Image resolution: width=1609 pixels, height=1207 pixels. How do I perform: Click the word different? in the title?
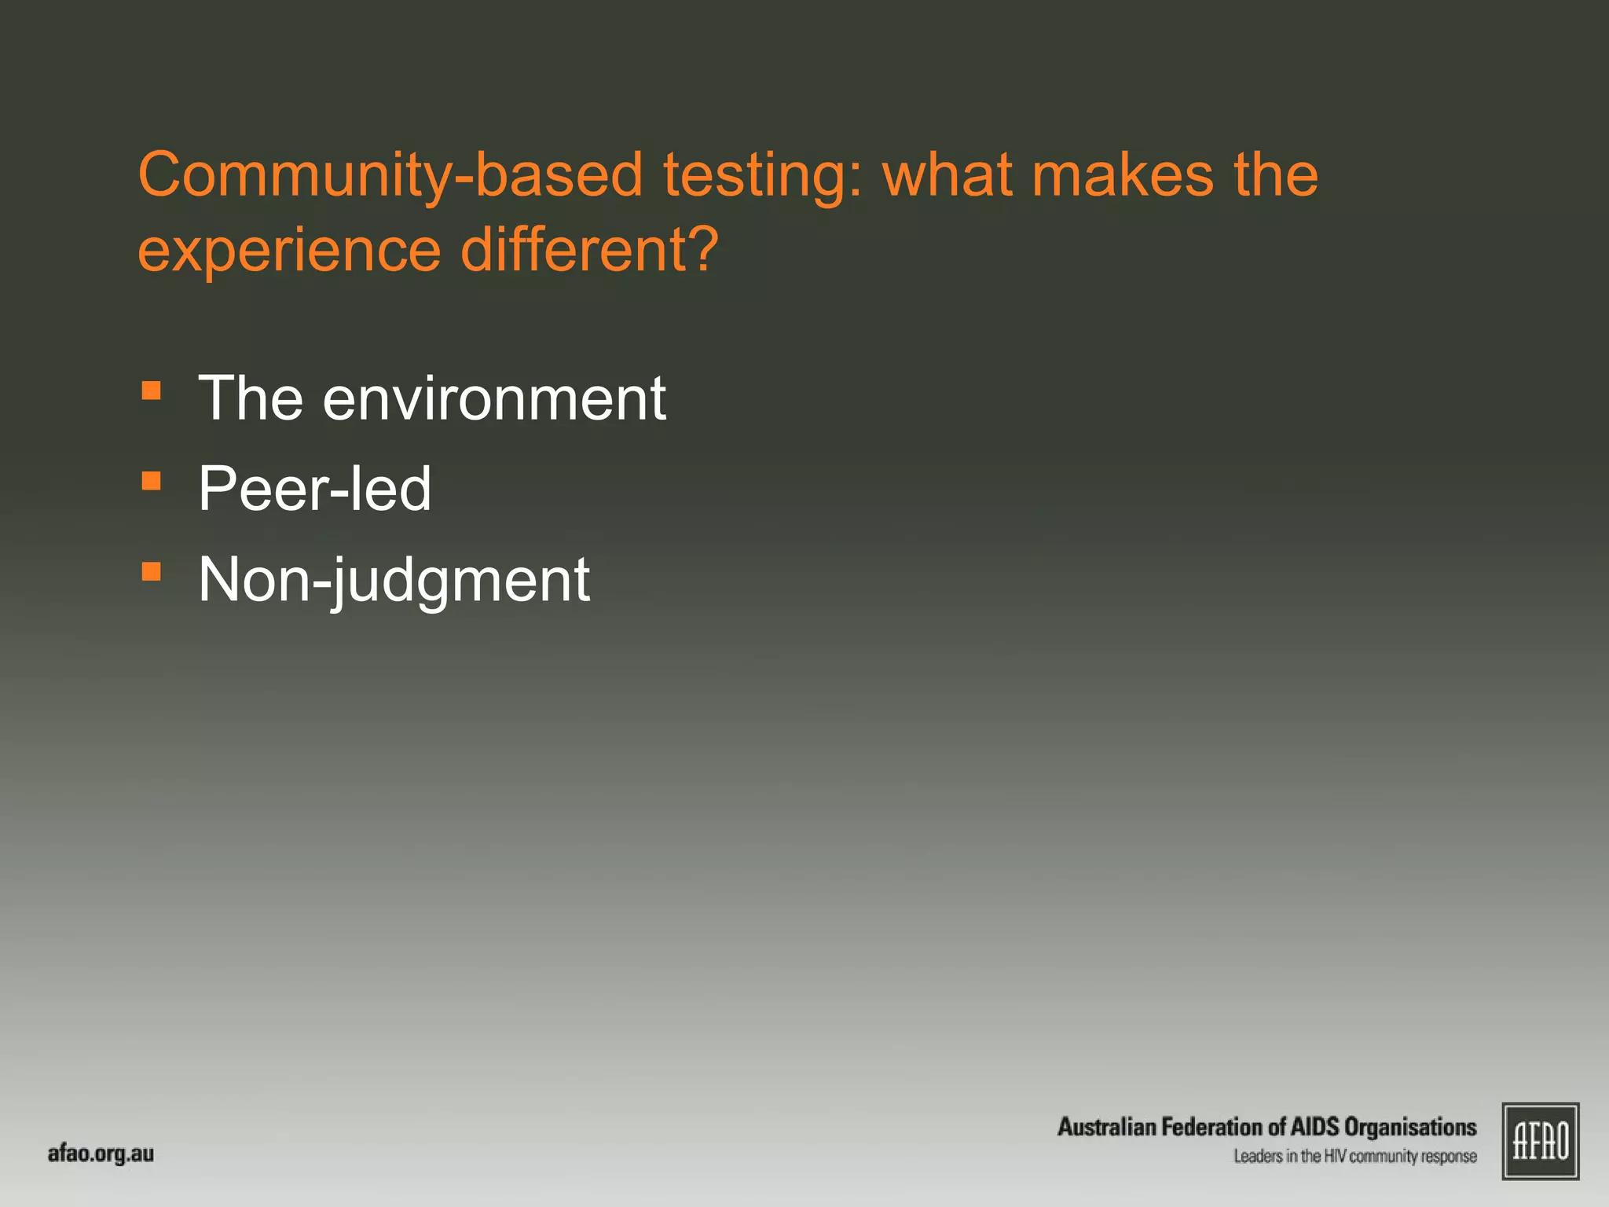[x=589, y=250]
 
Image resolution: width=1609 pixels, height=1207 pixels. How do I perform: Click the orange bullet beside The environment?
[x=152, y=391]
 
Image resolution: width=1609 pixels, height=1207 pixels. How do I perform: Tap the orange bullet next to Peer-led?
[x=152, y=481]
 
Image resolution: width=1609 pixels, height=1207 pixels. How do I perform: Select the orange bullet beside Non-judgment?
[x=152, y=571]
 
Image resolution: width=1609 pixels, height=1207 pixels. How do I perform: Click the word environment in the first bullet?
[x=494, y=398]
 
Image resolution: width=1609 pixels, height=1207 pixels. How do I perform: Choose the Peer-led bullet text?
[x=314, y=489]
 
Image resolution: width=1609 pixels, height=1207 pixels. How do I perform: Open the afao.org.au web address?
[x=101, y=1154]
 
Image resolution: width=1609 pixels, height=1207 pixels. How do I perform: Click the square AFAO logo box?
[x=1540, y=1141]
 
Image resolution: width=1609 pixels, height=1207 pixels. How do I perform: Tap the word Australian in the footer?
[x=1107, y=1127]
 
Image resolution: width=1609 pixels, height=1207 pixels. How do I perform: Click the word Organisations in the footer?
[x=1410, y=1127]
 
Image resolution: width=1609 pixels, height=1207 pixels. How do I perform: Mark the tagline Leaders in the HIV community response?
[x=1354, y=1156]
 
